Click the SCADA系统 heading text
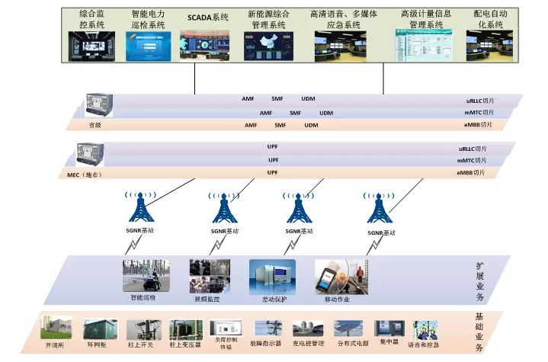click(208, 15)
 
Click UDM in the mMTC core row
click(326, 113)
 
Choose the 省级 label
click(95, 125)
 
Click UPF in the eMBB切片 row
click(272, 173)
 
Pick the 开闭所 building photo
click(56, 328)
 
